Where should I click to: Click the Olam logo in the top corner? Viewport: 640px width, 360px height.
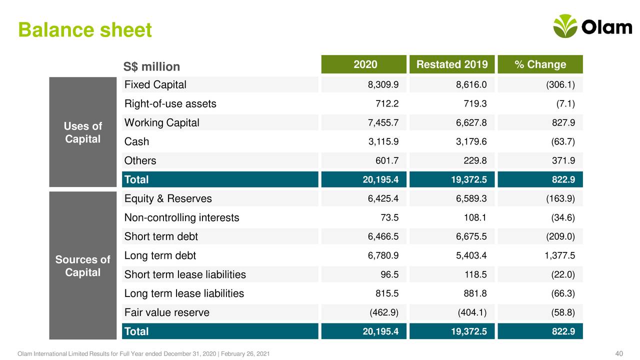pyautogui.click(x=592, y=26)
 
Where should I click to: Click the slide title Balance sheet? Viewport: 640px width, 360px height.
pyautogui.click(x=84, y=30)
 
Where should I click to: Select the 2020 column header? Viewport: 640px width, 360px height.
pyautogui.click(x=365, y=64)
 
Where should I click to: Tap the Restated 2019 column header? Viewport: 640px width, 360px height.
pyautogui.click(x=452, y=64)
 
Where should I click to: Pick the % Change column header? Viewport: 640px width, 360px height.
pyautogui.click(x=540, y=64)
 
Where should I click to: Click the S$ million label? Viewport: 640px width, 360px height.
pyautogui.click(x=151, y=66)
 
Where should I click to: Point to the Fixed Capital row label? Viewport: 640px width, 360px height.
pyautogui.click(x=155, y=84)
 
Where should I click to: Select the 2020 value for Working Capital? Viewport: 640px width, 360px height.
pyautogui.click(x=383, y=123)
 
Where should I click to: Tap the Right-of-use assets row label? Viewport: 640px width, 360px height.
pyautogui.click(x=170, y=104)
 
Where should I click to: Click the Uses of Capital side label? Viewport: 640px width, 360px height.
pyautogui.click(x=82, y=132)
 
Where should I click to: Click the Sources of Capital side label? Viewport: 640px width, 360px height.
pyautogui.click(x=82, y=266)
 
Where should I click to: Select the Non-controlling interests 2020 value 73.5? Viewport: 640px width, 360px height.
pyautogui.click(x=389, y=218)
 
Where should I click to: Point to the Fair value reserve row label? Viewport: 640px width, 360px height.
pyautogui.click(x=166, y=313)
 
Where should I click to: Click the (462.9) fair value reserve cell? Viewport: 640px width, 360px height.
pyautogui.click(x=383, y=313)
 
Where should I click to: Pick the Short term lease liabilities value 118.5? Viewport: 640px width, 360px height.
pyautogui.click(x=476, y=275)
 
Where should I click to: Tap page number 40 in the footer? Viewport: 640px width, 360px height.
pyautogui.click(x=618, y=354)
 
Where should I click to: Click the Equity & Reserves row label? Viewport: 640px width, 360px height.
pyautogui.click(x=167, y=199)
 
